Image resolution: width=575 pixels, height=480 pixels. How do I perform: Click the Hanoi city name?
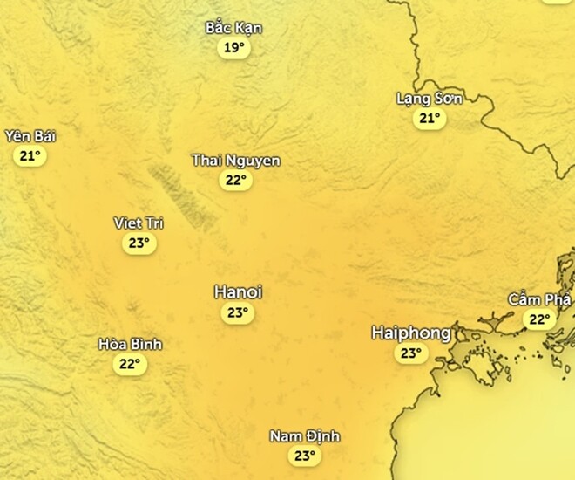(238, 292)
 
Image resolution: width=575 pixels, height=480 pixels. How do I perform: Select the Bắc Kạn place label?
(233, 28)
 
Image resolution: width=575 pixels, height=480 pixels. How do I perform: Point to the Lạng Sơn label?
(429, 99)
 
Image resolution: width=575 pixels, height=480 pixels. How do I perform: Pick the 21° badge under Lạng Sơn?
(429, 119)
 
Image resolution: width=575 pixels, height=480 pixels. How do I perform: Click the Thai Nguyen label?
(235, 161)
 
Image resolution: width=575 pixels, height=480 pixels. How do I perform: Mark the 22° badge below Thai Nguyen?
(235, 181)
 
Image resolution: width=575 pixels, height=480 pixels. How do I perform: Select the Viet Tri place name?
(139, 223)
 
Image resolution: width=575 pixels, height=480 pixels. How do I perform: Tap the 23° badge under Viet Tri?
(139, 243)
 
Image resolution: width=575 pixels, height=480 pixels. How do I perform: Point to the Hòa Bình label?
(130, 344)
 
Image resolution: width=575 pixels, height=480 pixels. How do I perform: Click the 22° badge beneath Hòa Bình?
(130, 365)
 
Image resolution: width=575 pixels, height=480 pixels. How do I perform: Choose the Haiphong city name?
(410, 333)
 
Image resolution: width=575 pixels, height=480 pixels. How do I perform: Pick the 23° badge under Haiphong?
(410, 353)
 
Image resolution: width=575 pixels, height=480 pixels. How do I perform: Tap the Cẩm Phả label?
(540, 299)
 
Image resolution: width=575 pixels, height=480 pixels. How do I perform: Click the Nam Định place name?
(304, 436)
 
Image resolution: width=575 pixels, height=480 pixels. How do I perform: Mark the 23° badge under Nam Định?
(304, 456)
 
